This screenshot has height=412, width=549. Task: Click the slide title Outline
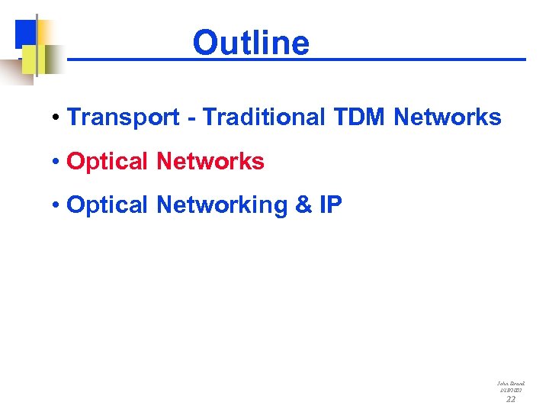click(x=251, y=43)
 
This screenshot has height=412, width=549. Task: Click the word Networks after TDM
click(x=448, y=117)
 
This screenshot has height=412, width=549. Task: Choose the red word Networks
click(x=210, y=162)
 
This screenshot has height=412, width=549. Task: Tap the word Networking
click(x=220, y=205)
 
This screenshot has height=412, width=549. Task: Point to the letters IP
click(x=331, y=205)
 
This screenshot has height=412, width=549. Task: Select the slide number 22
click(x=510, y=399)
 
